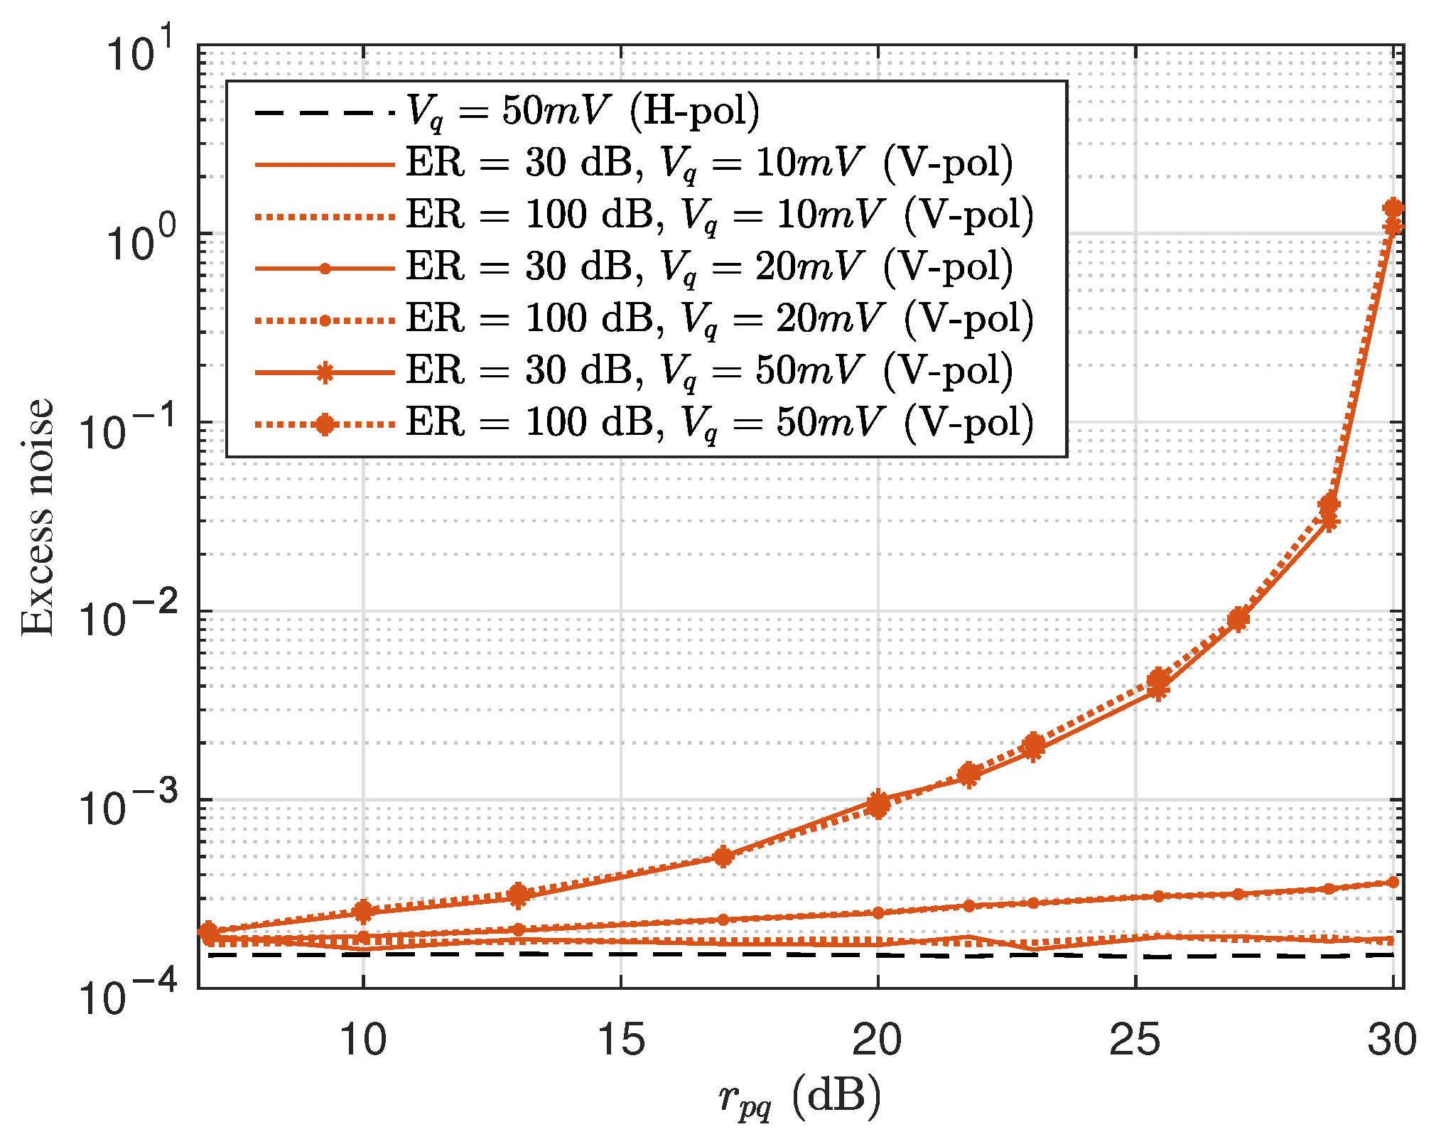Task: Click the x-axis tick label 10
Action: pyautogui.click(x=363, y=1040)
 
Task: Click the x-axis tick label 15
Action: pyautogui.click(x=621, y=1040)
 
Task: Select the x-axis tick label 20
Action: pyautogui.click(x=878, y=1040)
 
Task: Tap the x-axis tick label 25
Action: pyautogui.click(x=1135, y=1040)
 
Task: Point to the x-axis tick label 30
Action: pyautogui.click(x=1392, y=1040)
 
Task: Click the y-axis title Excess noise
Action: pyautogui.click(x=37, y=517)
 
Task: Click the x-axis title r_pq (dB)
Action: pyautogui.click(x=799, y=1098)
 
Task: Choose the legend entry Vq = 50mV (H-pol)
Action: pyautogui.click(x=583, y=111)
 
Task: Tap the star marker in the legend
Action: pyautogui.click(x=325, y=372)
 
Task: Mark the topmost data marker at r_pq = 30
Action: pyautogui.click(x=1393, y=208)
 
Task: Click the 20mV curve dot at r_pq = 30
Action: pyautogui.click(x=1393, y=882)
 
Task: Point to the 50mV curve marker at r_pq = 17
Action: pyautogui.click(x=723, y=856)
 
